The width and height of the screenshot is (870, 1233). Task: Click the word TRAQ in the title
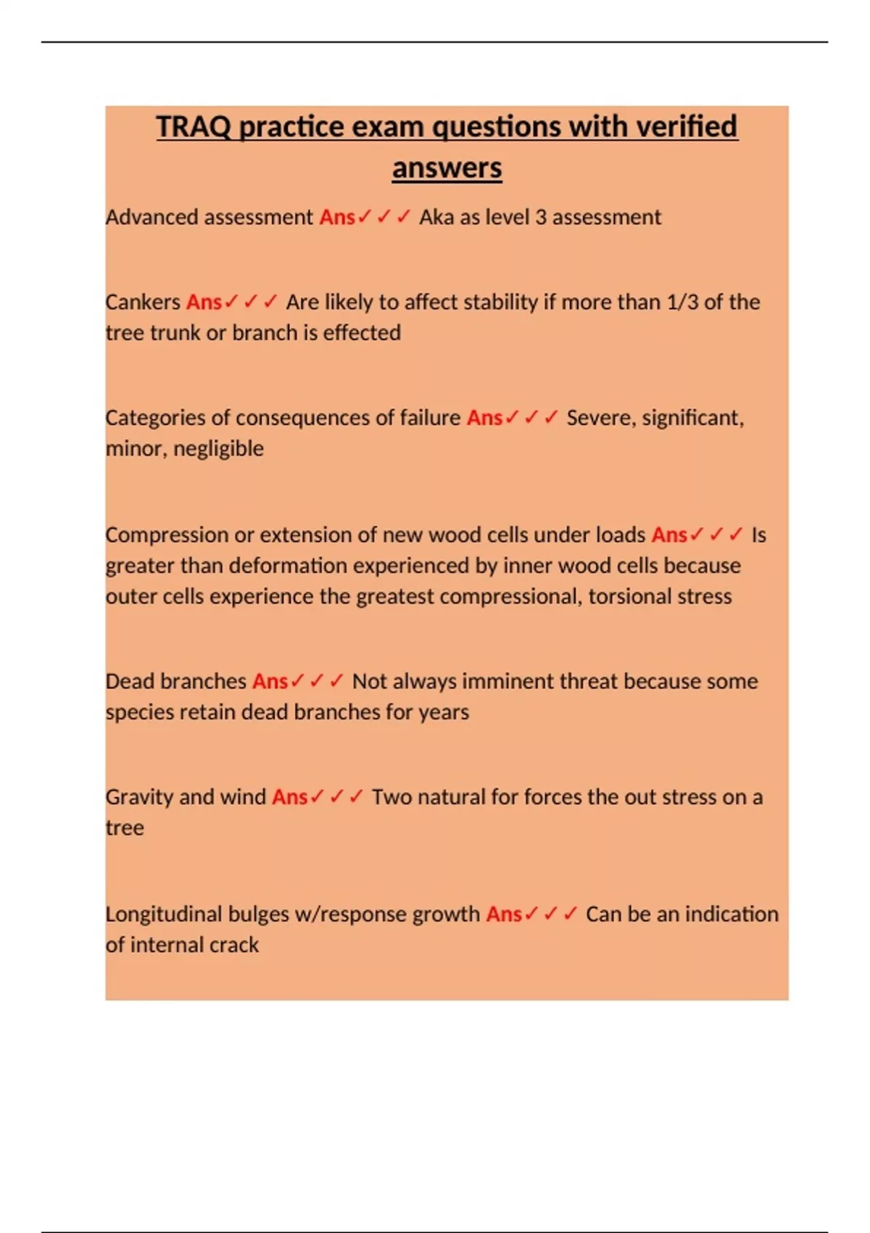[194, 127]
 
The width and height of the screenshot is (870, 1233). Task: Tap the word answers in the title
[447, 168]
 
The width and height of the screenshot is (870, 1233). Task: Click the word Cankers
[143, 302]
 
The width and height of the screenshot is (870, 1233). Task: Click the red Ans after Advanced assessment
[337, 217]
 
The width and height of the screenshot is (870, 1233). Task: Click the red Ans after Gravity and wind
[289, 797]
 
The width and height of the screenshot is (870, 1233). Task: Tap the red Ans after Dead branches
[270, 681]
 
